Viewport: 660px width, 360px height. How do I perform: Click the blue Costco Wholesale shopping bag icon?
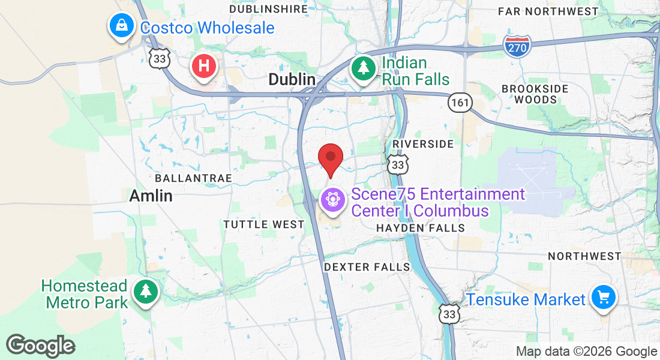(122, 25)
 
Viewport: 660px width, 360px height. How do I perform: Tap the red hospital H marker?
(203, 65)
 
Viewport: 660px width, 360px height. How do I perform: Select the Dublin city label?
(292, 79)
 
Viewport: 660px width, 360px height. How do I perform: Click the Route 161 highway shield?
(460, 103)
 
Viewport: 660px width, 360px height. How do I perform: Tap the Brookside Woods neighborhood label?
(535, 94)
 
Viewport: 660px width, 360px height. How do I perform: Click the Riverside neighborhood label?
(422, 145)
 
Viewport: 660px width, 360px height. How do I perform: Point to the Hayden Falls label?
(420, 228)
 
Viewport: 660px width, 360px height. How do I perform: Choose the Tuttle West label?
(264, 224)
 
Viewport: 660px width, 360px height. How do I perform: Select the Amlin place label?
(151, 196)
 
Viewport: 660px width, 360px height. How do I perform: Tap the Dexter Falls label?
(367, 266)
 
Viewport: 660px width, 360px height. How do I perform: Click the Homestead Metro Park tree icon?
(145, 292)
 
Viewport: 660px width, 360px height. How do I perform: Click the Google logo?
(41, 346)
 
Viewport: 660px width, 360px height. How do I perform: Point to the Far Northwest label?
(548, 11)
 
